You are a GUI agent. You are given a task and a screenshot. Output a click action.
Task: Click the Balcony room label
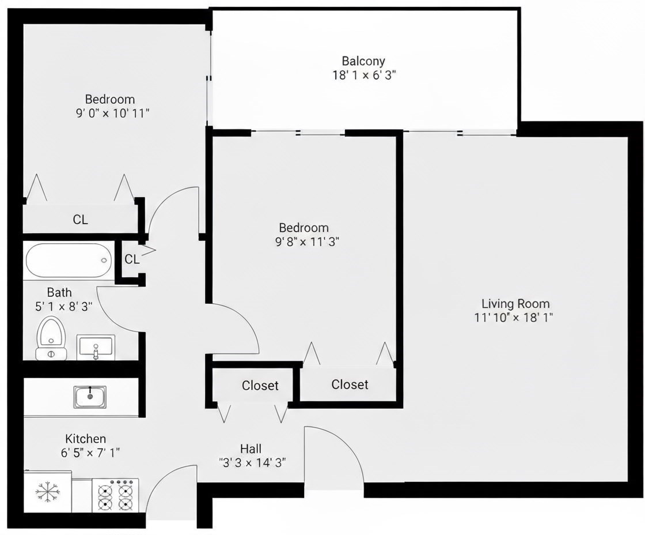click(363, 61)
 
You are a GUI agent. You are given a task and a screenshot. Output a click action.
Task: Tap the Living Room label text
click(515, 303)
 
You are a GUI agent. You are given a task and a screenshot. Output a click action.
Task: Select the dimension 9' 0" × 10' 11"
click(109, 113)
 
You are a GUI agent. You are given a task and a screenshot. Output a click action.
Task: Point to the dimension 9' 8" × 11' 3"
click(306, 242)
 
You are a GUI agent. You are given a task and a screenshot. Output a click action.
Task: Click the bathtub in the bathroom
click(67, 260)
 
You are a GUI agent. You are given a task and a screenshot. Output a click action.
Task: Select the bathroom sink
click(96, 347)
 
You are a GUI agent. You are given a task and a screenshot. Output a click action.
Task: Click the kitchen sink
click(90, 397)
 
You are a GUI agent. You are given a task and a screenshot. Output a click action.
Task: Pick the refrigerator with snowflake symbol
click(47, 492)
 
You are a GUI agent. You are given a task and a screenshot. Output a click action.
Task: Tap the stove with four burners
click(115, 495)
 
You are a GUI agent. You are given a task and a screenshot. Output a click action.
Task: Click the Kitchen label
click(85, 439)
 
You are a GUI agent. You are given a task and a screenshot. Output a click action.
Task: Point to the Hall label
click(251, 449)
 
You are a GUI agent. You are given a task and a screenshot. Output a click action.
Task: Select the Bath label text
click(59, 292)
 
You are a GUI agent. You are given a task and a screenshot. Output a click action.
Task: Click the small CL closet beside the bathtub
click(132, 259)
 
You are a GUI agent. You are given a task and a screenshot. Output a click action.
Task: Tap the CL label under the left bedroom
click(81, 220)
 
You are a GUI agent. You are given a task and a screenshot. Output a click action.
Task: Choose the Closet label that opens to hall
click(260, 385)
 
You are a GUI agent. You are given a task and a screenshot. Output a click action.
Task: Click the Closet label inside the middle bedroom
click(350, 384)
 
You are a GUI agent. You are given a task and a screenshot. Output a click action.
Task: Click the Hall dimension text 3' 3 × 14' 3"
click(253, 462)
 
